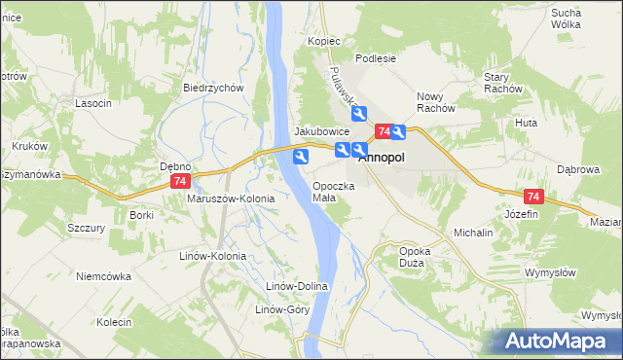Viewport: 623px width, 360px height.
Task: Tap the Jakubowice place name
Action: pos(322,131)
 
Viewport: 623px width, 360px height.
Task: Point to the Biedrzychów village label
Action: pos(212,87)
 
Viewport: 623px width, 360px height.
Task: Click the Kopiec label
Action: pos(323,42)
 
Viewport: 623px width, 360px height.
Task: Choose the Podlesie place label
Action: pos(376,58)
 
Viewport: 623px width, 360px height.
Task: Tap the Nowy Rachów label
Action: pos(436,102)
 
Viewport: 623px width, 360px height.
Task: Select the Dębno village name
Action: pos(175,166)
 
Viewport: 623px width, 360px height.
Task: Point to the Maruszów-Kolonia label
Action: pos(231,198)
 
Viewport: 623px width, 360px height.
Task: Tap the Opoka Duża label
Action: pos(415,256)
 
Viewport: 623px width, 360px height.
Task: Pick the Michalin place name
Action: pos(473,234)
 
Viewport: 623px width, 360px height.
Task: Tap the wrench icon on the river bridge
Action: pos(302,156)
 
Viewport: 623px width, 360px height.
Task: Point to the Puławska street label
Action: pos(345,90)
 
